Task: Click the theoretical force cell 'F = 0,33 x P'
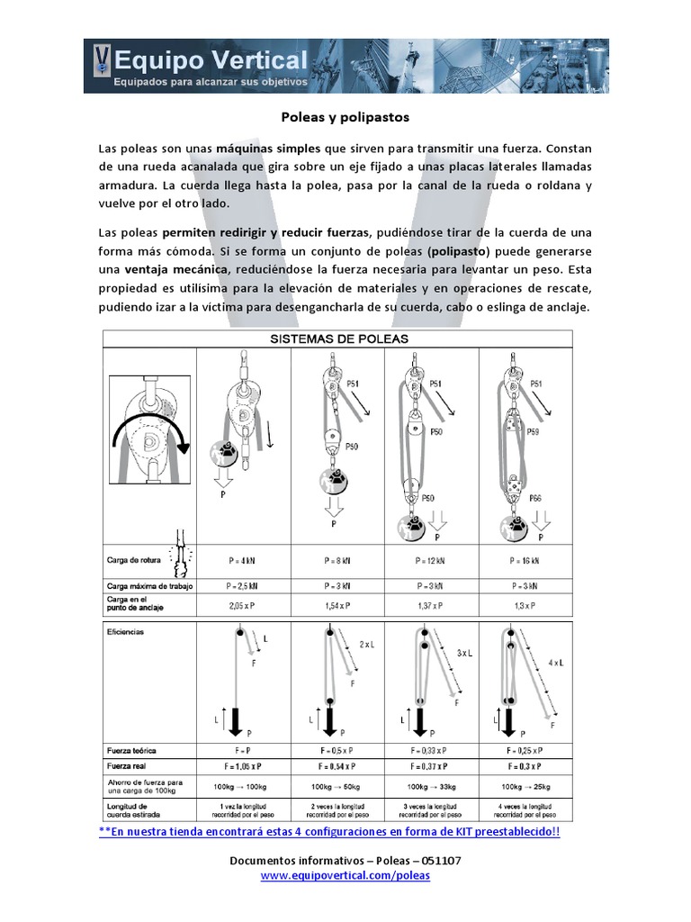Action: point(431,748)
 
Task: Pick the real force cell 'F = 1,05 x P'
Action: point(243,765)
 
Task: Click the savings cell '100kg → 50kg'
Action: point(337,786)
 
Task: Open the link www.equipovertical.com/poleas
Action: point(345,875)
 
